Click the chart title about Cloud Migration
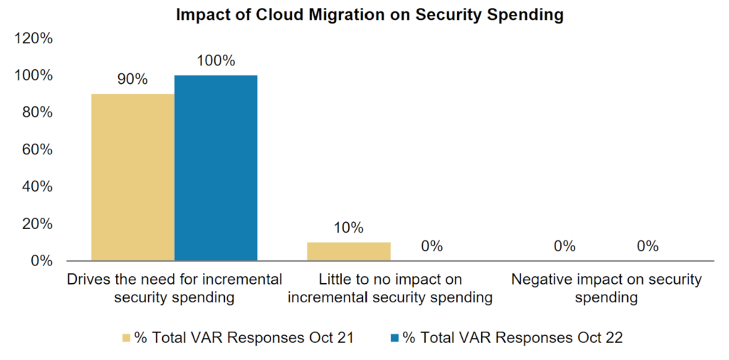(x=370, y=14)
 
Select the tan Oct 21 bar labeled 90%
(x=132, y=177)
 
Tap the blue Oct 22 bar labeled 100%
(x=216, y=168)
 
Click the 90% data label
(x=132, y=80)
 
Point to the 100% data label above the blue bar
(x=216, y=60)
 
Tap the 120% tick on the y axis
(x=33, y=38)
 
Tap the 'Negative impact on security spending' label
(x=606, y=288)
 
